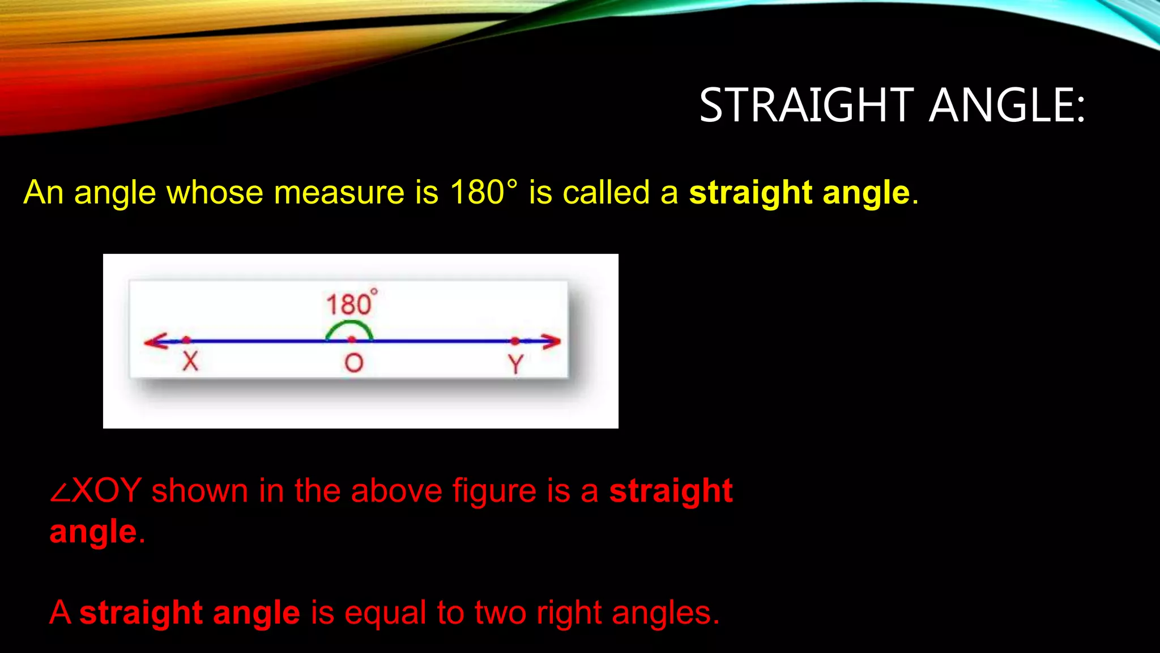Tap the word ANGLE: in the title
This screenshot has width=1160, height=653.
1007,105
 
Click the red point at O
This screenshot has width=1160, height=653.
352,340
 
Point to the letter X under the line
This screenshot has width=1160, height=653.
190,361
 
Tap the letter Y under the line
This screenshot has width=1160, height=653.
515,364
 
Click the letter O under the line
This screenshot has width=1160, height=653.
353,363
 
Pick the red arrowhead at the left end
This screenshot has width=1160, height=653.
155,341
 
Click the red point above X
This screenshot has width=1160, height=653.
186,340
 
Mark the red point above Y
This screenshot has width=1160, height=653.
515,341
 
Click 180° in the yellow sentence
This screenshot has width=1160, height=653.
483,193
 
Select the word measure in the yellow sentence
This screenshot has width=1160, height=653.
339,193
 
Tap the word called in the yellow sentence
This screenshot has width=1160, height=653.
606,193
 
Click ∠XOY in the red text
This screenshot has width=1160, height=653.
95,491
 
